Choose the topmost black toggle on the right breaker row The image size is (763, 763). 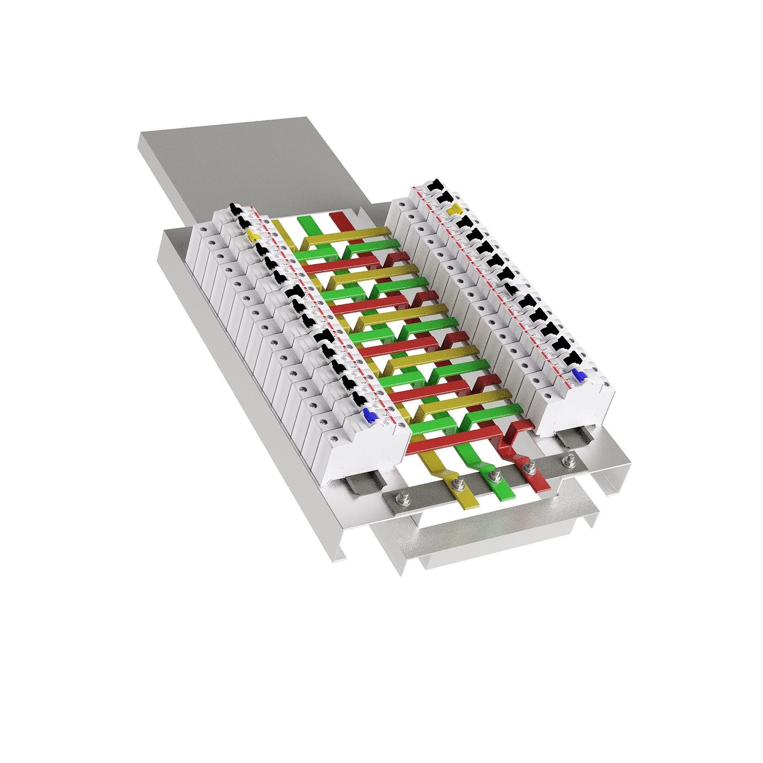point(437,184)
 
